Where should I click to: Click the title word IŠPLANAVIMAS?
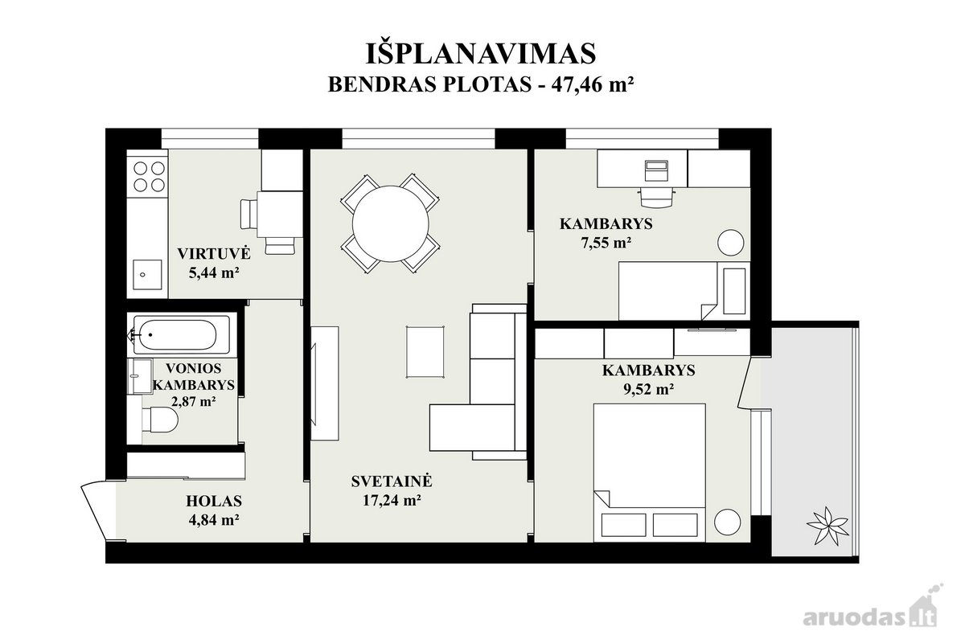[x=481, y=54]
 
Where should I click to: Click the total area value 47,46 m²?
[x=593, y=84]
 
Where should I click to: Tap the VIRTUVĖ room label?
[x=214, y=253]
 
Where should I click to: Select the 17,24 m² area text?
[x=392, y=500]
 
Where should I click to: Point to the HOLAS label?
[x=214, y=501]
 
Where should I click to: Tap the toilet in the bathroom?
[x=160, y=420]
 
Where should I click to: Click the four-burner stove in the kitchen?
[x=149, y=177]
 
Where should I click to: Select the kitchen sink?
[x=147, y=274]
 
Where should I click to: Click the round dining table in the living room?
[x=390, y=223]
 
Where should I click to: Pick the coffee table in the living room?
[x=425, y=352]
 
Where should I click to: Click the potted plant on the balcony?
[x=827, y=526]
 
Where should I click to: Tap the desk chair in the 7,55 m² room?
[x=656, y=197]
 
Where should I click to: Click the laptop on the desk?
[x=656, y=171]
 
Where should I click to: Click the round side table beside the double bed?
[x=727, y=522]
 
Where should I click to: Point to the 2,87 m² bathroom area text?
[x=194, y=401]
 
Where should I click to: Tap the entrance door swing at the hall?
[x=98, y=510]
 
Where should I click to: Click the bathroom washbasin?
[x=140, y=376]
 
